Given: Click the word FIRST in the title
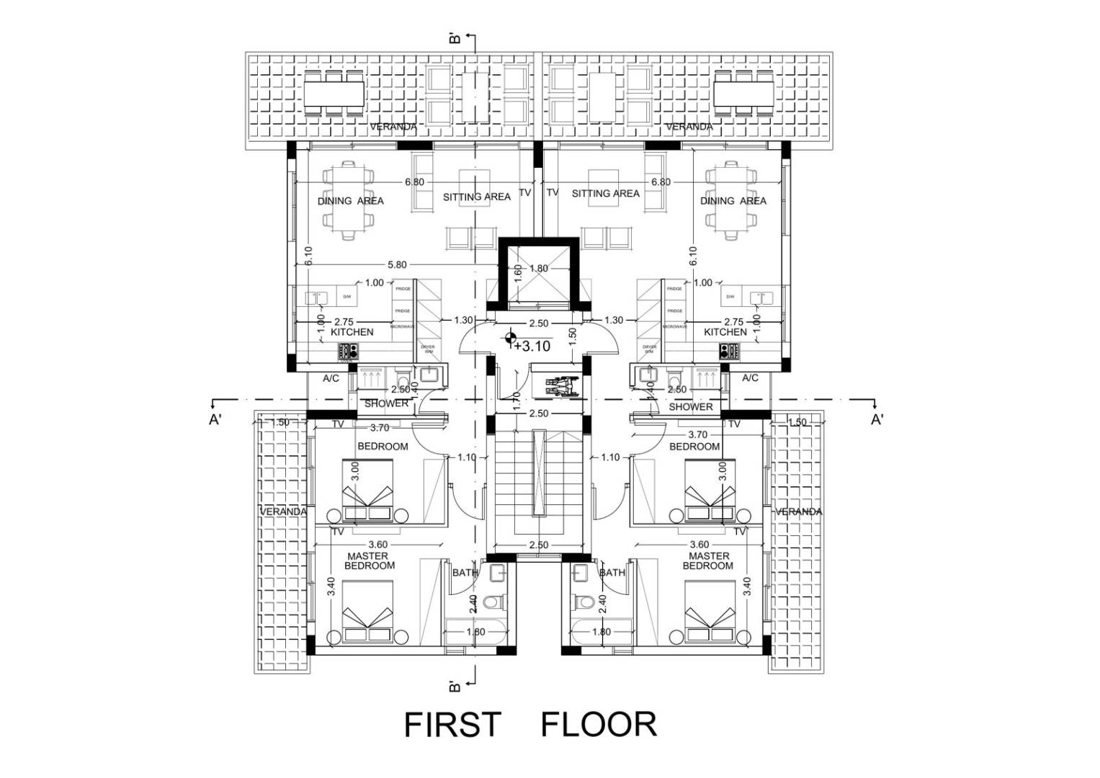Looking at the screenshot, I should (452, 725).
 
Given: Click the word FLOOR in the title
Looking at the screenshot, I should (599, 725).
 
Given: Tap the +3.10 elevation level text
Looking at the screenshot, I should (532, 346).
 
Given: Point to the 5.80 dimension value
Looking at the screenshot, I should (397, 265).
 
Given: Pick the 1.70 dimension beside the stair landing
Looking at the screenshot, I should (516, 401).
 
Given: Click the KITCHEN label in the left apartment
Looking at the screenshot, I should (352, 332).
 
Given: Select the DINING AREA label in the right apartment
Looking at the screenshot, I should (733, 201).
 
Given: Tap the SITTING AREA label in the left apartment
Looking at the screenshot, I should (476, 197).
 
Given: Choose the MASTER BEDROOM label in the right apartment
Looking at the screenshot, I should (709, 560).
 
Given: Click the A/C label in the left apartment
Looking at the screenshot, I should (331, 378).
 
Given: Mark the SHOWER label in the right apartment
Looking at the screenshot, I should (690, 407).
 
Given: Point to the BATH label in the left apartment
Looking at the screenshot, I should (465, 573).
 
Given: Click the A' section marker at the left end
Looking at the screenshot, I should (215, 420).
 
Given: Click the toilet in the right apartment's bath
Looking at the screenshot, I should (582, 601).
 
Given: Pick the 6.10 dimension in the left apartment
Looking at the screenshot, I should (308, 256).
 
